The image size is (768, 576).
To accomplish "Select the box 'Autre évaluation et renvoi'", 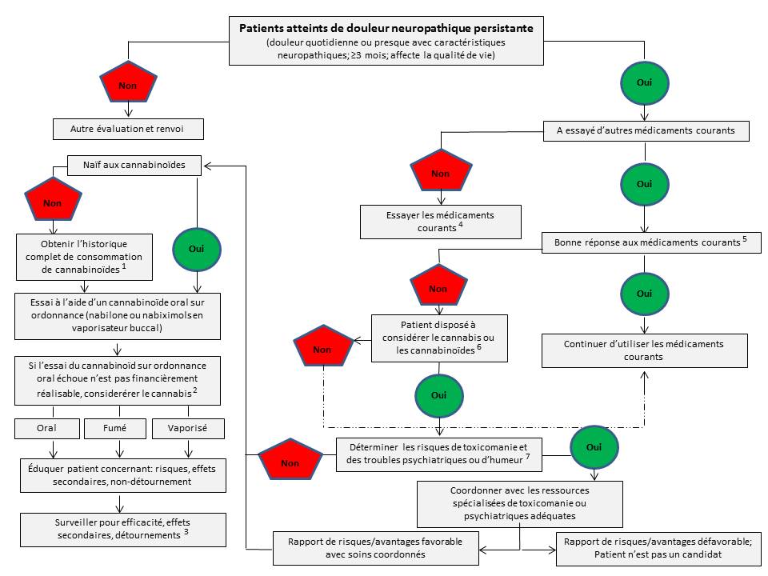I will pos(129,128).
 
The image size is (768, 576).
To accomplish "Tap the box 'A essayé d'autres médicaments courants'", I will pos(646,130).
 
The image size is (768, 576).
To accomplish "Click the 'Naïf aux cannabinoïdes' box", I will pos(133,166).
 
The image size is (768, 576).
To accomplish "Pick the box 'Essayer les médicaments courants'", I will pos(441,222).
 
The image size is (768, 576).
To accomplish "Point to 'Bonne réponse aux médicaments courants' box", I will pos(650,242).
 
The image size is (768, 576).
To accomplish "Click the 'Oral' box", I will pos(47,428).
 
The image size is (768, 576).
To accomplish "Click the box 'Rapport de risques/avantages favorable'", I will pos(379,546).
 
